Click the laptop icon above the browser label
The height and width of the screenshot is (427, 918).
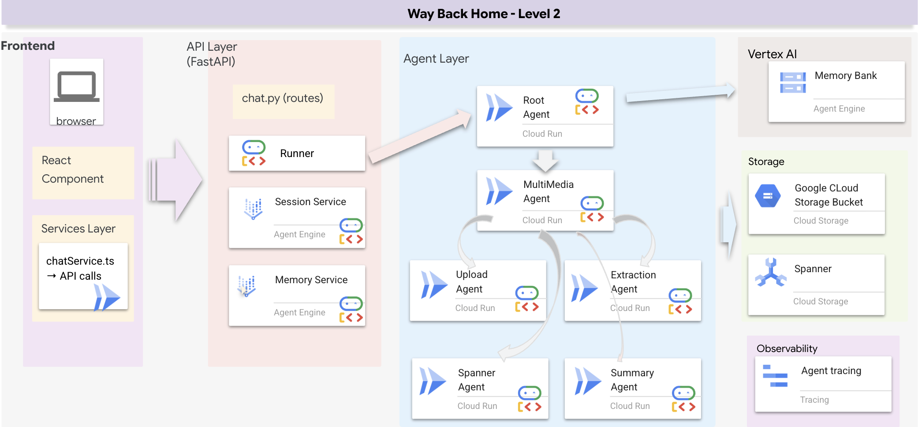click(77, 86)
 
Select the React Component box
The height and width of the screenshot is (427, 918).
click(83, 172)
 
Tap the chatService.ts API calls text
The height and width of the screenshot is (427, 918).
click(80, 268)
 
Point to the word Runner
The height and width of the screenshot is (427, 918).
click(297, 154)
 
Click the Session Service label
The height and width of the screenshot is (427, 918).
click(310, 202)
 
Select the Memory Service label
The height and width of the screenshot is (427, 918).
click(311, 280)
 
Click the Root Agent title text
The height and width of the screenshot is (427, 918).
click(536, 107)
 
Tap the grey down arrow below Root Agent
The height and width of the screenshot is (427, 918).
click(545, 161)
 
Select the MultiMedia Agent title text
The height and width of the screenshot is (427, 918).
click(548, 191)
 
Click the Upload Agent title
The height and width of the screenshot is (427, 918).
click(471, 281)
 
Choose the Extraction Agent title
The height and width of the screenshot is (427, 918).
click(633, 281)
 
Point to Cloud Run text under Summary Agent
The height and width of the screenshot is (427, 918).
click(630, 406)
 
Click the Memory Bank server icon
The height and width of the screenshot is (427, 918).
click(792, 82)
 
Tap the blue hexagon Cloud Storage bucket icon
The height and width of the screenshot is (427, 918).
click(768, 196)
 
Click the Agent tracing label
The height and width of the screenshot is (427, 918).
click(831, 371)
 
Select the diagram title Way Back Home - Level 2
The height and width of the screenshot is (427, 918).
click(484, 14)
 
